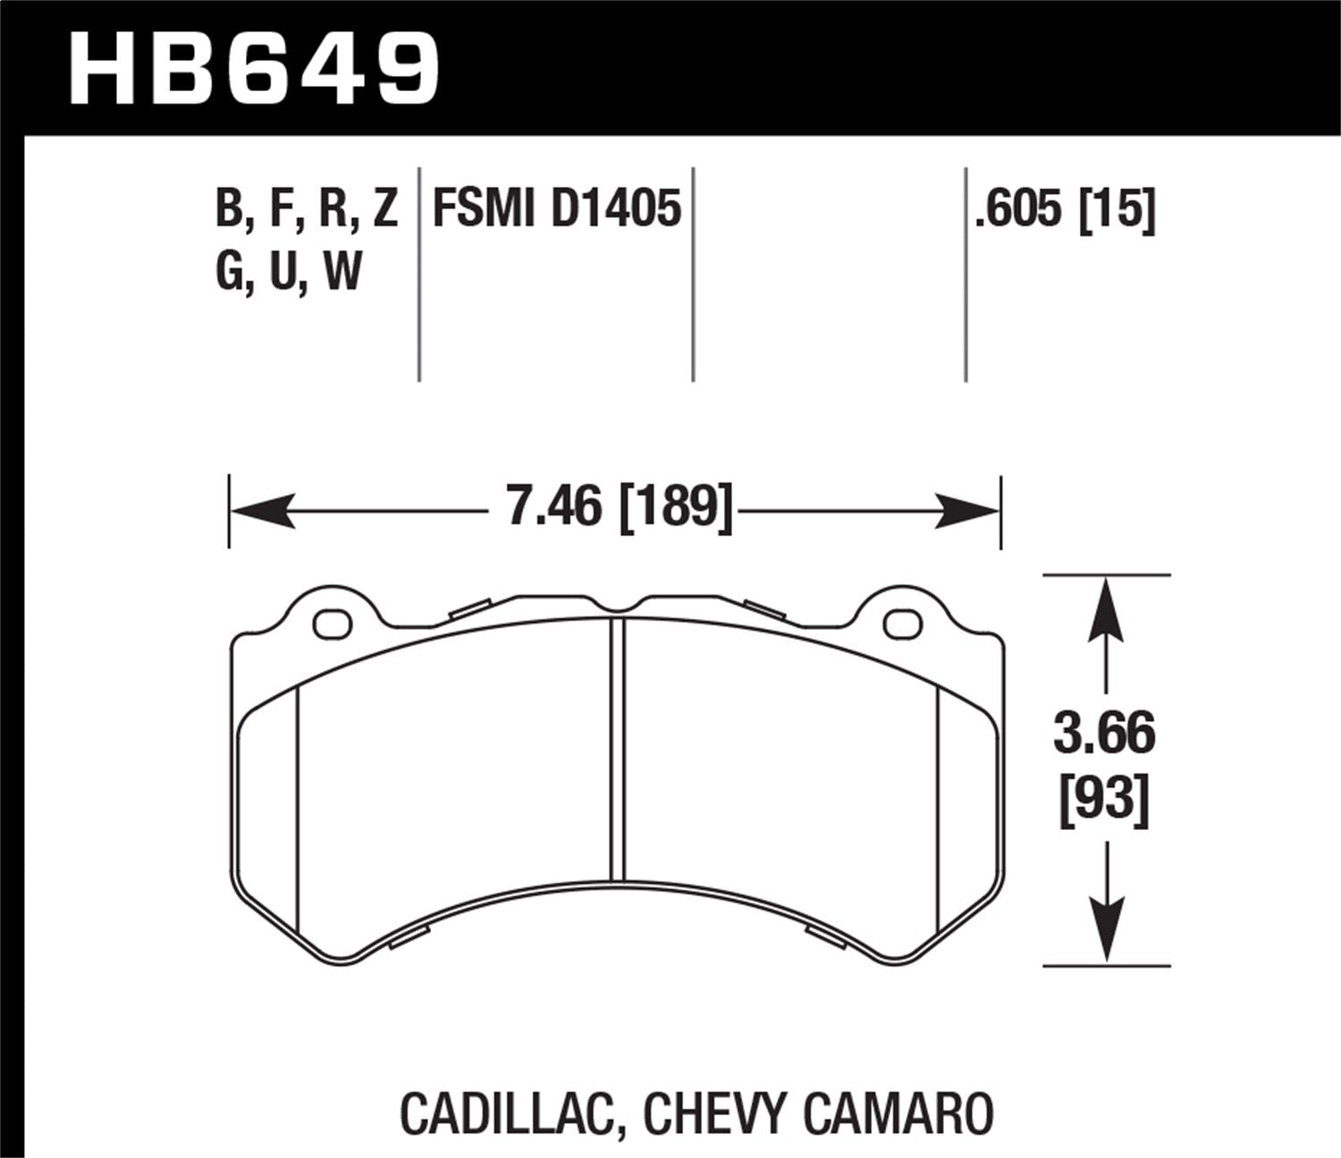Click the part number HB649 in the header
254,69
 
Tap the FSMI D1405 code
556,210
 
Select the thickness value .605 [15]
1066,210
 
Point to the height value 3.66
1105,734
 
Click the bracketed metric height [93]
1105,798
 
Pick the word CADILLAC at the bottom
504,1113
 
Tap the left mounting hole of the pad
333,624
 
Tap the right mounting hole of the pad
902,624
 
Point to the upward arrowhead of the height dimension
1107,608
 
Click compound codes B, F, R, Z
307,210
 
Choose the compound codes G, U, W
288,271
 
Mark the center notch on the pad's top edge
617,608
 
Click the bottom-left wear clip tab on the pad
409,936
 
